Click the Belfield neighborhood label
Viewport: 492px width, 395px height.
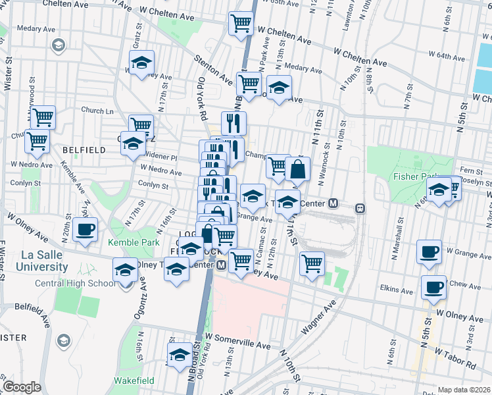point(84,150)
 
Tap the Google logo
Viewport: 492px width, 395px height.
point(22,387)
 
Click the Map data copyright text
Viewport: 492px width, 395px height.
point(464,389)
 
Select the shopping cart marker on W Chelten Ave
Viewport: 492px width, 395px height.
point(241,24)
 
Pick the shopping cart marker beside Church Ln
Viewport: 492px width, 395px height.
point(43,118)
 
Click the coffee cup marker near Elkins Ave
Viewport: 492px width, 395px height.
point(433,287)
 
